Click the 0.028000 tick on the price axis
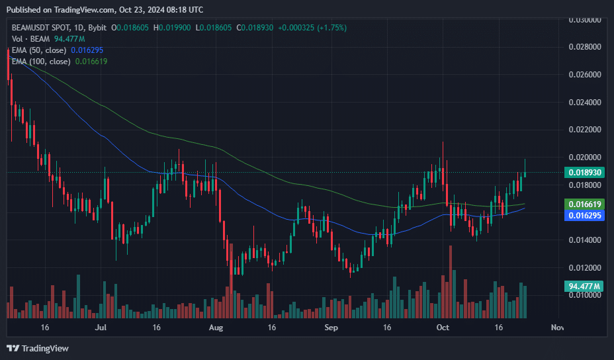584,47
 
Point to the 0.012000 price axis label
584,267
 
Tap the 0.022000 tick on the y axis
584,130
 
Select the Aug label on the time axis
215,328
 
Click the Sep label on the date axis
331,328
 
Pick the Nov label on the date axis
557,328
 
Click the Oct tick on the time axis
443,328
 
